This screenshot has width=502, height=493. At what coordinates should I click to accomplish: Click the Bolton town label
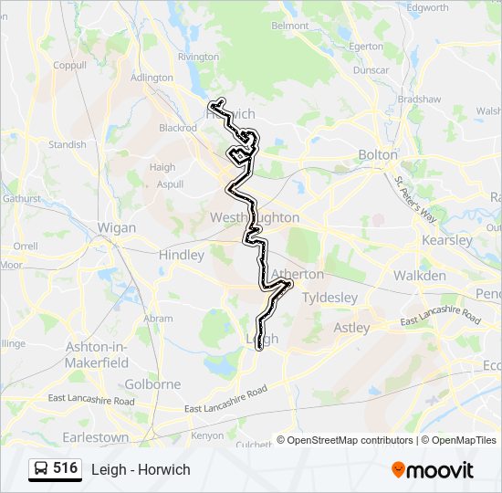tap(378, 155)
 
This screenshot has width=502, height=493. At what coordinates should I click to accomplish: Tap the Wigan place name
tap(116, 228)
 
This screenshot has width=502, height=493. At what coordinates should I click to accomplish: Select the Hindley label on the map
tap(182, 256)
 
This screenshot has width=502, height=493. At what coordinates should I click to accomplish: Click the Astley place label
tap(351, 328)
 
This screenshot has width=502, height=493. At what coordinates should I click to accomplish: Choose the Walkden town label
tap(420, 276)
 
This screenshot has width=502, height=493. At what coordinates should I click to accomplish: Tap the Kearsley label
tap(447, 241)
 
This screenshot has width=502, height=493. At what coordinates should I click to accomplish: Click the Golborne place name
tap(152, 384)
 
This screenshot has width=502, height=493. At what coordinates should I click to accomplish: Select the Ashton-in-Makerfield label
tap(97, 354)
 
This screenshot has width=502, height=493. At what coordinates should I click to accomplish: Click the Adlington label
tap(152, 79)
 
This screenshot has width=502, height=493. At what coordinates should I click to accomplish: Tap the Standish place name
tap(67, 144)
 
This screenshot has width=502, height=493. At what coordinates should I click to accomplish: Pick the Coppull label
tap(69, 66)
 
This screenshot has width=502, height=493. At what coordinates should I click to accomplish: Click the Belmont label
tap(290, 26)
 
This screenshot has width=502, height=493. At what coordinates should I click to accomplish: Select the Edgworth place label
tap(428, 8)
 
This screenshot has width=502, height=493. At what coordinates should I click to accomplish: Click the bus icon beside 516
tap(41, 469)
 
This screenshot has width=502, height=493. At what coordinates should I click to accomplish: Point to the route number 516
tap(65, 468)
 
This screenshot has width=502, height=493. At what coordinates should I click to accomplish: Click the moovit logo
tap(433, 469)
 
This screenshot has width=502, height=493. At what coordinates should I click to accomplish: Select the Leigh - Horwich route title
tap(141, 469)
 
